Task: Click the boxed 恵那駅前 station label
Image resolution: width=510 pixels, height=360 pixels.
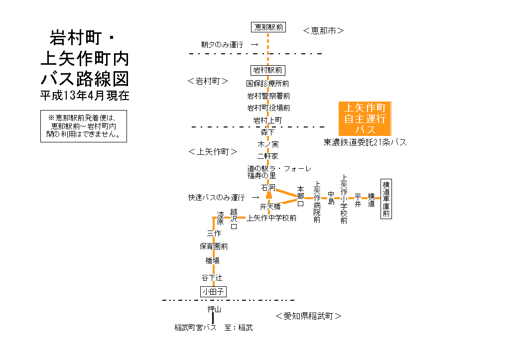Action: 268,27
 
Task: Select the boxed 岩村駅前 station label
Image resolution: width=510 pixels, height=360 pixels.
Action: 268,70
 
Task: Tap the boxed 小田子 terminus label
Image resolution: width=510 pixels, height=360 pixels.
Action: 213,292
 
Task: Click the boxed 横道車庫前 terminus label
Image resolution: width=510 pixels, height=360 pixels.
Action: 386,198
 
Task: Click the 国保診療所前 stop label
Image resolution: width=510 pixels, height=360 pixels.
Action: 268,83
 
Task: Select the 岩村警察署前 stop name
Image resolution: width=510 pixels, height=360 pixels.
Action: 268,96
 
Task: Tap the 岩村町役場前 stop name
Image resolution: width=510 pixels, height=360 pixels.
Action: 268,108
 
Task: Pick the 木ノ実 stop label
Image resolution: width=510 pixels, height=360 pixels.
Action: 268,144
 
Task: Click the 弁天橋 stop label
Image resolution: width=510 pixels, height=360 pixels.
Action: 270,206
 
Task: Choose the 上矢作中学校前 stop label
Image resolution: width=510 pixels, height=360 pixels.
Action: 271,218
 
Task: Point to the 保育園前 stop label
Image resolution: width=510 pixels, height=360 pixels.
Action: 214,246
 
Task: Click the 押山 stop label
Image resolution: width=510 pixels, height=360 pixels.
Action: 214,310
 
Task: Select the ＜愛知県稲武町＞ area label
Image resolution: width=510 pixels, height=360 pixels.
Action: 309,316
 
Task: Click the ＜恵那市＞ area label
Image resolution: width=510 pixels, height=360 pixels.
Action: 324,31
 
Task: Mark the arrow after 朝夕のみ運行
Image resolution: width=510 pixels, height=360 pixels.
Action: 255,45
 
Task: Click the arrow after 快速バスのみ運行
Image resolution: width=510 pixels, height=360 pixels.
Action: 255,198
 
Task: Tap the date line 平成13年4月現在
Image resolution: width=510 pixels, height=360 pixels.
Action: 85,96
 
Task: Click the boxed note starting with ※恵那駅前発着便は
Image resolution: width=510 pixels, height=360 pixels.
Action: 84,126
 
